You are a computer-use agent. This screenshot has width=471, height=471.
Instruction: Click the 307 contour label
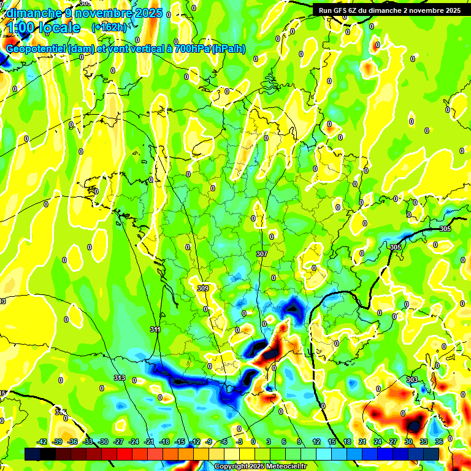click(x=262, y=254)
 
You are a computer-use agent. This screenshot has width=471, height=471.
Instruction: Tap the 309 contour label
click(x=204, y=288)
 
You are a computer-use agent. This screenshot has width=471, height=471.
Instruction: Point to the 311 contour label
click(x=155, y=330)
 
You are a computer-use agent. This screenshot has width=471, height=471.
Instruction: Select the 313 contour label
click(x=119, y=378)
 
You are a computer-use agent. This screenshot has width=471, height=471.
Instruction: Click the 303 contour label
click(x=412, y=380)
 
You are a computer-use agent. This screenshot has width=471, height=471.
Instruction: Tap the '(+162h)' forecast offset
click(x=109, y=28)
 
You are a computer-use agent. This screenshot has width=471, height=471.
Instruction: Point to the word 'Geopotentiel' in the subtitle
click(x=36, y=49)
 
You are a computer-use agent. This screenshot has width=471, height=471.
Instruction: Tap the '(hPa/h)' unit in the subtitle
click(x=228, y=49)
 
